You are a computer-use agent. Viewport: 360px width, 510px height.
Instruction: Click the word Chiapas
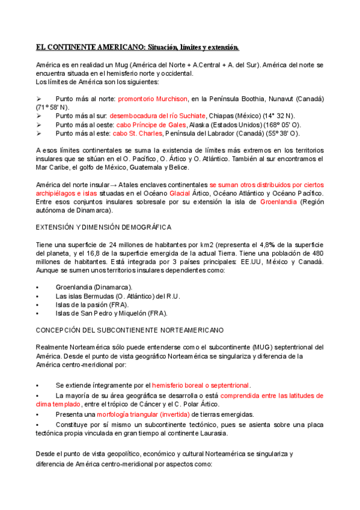click(x=222, y=115)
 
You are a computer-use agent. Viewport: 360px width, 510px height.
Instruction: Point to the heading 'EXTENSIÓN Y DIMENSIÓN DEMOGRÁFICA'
click(x=103, y=227)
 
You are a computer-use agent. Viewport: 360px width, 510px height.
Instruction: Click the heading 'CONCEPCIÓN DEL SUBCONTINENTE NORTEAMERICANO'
click(x=129, y=330)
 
